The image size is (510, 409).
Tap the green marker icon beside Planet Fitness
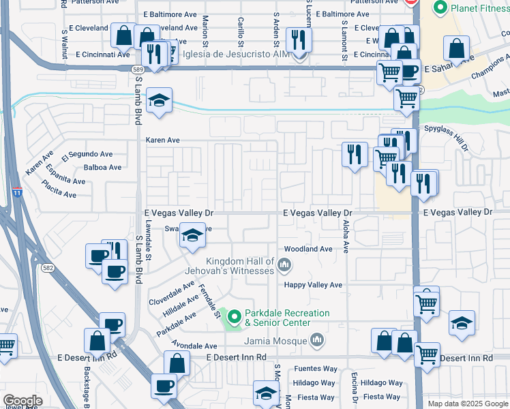(x=440, y=8)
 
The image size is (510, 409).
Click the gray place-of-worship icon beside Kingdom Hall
(x=284, y=264)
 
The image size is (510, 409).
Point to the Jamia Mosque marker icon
(x=316, y=339)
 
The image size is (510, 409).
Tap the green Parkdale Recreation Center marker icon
(x=235, y=317)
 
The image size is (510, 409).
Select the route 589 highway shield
(x=137, y=69)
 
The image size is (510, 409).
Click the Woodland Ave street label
(x=307, y=249)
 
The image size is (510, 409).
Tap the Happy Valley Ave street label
(x=313, y=285)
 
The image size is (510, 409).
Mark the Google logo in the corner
(x=22, y=401)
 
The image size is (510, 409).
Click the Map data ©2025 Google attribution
(x=467, y=404)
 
